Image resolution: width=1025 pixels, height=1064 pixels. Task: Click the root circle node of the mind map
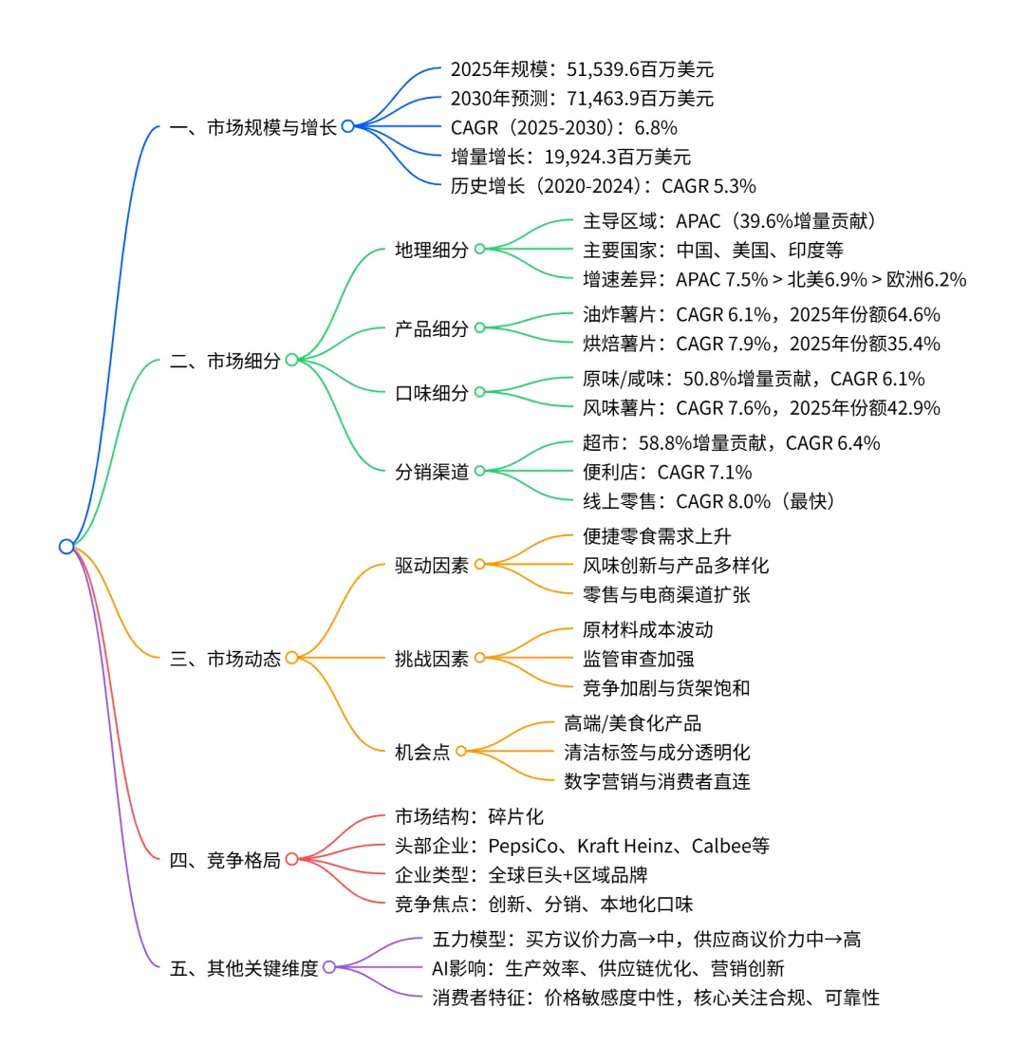coord(65,546)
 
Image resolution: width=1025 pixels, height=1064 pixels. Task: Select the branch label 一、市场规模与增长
coord(253,127)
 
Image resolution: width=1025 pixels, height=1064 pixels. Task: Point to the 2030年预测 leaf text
coord(582,99)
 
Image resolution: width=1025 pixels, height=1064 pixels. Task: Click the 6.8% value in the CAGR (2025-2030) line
coord(658,127)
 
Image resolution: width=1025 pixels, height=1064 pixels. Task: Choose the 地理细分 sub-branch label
coord(432,250)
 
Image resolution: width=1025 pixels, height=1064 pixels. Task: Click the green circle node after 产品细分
coord(480,328)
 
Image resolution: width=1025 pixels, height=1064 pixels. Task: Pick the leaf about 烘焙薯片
coord(761,344)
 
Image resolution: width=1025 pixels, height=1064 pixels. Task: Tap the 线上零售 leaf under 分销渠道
coord(709,501)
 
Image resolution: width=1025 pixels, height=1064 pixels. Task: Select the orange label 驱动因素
coord(432,566)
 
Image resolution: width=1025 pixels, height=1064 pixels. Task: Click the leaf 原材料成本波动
coord(647,630)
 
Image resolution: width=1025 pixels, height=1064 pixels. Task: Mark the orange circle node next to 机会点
coord(461,752)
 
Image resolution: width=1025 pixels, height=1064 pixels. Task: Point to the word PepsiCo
coord(524,846)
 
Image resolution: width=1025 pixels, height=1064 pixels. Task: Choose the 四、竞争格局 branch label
coord(225,860)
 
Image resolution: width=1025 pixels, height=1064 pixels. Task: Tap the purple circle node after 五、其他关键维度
coord(329,968)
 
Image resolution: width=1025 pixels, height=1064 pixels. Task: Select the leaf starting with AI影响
coord(607,968)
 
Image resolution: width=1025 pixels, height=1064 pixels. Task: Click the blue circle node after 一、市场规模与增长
coord(348,126)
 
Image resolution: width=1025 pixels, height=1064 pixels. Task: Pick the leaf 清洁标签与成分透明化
coord(657,753)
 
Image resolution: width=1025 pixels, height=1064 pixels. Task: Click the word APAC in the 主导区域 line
coord(698,221)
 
